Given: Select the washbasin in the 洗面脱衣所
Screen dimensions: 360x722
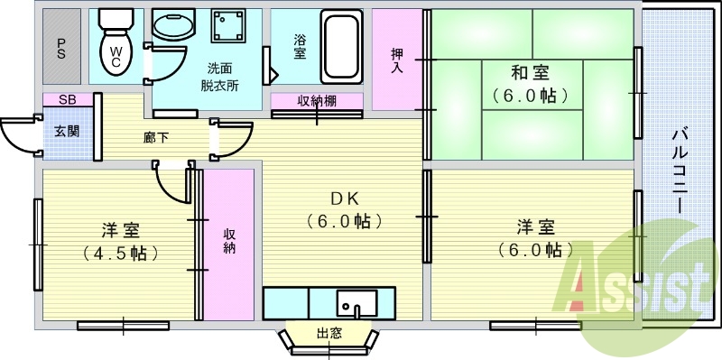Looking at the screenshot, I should [x=172, y=27].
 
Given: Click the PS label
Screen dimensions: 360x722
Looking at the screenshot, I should [x=60, y=46].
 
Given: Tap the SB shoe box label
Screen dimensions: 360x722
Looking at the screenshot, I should [x=66, y=99].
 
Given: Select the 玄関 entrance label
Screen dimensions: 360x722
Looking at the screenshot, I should [x=66, y=132].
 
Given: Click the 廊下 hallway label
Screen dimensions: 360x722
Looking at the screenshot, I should [x=155, y=138].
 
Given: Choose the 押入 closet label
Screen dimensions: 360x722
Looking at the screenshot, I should [x=397, y=60].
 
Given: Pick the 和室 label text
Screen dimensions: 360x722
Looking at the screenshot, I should [x=533, y=72].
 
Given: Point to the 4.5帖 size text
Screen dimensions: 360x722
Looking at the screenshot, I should [x=120, y=253].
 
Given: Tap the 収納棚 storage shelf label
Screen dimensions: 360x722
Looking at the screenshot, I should [x=317, y=101].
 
